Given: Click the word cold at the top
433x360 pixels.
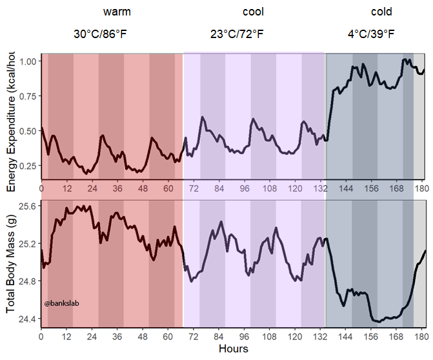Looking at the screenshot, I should tap(381, 12).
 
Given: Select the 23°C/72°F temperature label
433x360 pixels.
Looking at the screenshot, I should tap(237, 34).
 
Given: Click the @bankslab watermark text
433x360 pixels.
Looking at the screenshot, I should tap(62, 303).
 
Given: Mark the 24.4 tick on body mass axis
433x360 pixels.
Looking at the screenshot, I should tap(28, 319).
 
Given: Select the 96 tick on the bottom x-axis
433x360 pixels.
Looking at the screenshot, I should tap(245, 337).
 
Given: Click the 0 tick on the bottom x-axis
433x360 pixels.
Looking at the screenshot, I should tap(41, 337).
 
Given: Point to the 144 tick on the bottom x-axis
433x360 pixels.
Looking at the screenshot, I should tap(346, 337).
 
